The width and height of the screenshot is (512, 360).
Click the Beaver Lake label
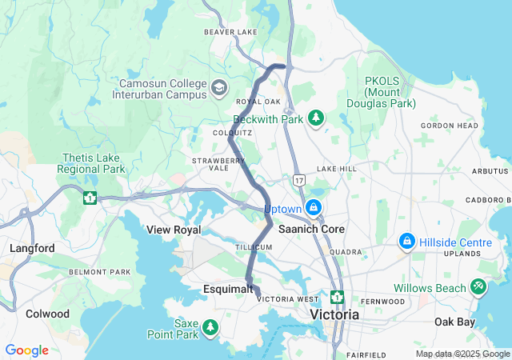click(x=230, y=32)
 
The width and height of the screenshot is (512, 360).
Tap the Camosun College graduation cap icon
click(x=219, y=86)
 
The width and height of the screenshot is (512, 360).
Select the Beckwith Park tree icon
click(x=317, y=118)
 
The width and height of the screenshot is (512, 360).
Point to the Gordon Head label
click(x=449, y=126)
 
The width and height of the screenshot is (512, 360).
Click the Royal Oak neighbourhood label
click(x=258, y=102)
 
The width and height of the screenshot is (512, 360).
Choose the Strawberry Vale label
click(x=218, y=165)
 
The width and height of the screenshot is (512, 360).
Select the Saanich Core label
click(x=311, y=229)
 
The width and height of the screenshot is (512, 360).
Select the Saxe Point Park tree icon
click(x=210, y=326)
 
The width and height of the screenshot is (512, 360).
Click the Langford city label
click(x=32, y=249)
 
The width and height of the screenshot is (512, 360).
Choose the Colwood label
click(x=47, y=314)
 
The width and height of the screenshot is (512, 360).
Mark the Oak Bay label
click(x=454, y=322)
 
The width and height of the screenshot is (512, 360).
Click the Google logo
click(x=26, y=350)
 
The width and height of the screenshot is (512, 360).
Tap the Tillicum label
click(x=254, y=247)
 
